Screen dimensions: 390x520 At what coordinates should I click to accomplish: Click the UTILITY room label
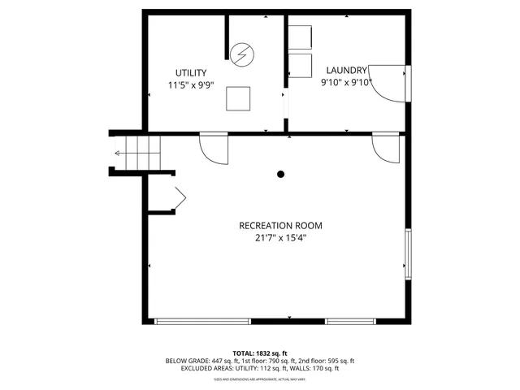coord(192,72)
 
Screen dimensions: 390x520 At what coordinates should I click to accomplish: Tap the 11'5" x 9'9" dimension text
coord(192,84)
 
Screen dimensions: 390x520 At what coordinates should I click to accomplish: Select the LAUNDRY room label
coord(347,70)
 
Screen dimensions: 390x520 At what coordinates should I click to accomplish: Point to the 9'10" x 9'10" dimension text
coord(347,81)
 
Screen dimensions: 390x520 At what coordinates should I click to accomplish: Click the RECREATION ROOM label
coord(280,225)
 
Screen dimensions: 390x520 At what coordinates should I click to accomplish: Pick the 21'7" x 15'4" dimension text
coord(280,237)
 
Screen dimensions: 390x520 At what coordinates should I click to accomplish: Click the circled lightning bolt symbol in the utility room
coord(240,54)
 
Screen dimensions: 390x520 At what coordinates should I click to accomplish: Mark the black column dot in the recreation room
coord(281,174)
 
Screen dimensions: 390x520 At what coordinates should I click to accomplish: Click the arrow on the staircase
coord(122,152)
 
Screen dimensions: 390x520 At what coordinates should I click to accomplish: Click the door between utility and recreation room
coord(213,147)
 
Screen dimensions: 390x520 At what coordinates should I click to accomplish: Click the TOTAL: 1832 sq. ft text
coord(260,353)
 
